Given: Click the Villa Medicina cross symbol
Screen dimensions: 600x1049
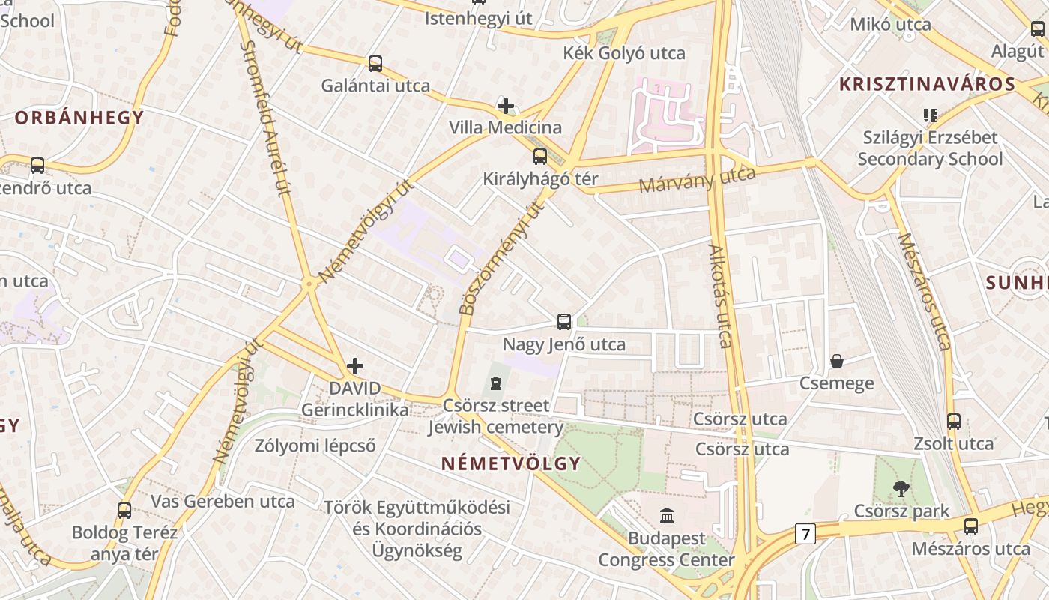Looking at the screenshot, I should tap(506, 106).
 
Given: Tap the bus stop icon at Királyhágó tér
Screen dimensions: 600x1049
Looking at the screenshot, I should tap(539, 157).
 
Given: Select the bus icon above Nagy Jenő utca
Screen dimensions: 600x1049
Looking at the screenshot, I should tap(564, 322).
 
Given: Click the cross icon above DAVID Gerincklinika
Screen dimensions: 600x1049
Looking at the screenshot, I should tap(355, 366).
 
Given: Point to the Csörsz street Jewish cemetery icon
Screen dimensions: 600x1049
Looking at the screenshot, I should tap(495, 383).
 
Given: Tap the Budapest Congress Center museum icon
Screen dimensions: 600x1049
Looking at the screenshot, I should tap(667, 515).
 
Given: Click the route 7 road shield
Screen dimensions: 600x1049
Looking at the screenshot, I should tap(805, 534).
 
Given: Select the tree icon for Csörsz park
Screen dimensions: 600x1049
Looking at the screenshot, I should tap(901, 489).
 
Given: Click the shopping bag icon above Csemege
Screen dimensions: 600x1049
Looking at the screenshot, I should tap(837, 361).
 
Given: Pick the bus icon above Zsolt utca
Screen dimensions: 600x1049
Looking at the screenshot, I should tap(953, 421).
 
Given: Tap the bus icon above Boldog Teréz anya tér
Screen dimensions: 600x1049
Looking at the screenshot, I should tap(124, 511).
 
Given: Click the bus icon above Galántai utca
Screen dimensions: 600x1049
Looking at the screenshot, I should tap(375, 64).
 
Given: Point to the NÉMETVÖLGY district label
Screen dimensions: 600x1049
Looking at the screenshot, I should tap(511, 463).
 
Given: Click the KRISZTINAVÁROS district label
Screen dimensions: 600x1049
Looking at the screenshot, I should tap(927, 84).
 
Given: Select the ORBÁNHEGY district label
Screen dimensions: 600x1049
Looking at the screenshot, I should tap(79, 118).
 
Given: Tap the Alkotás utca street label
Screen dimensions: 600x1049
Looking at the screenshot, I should tap(720, 295).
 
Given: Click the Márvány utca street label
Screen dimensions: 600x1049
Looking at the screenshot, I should tap(697, 179).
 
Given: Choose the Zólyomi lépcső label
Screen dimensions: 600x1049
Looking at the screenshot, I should tap(315, 445).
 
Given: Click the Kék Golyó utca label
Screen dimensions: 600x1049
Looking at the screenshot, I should tap(624, 53).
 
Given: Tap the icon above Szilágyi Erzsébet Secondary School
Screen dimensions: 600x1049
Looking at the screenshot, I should tap(930, 115).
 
